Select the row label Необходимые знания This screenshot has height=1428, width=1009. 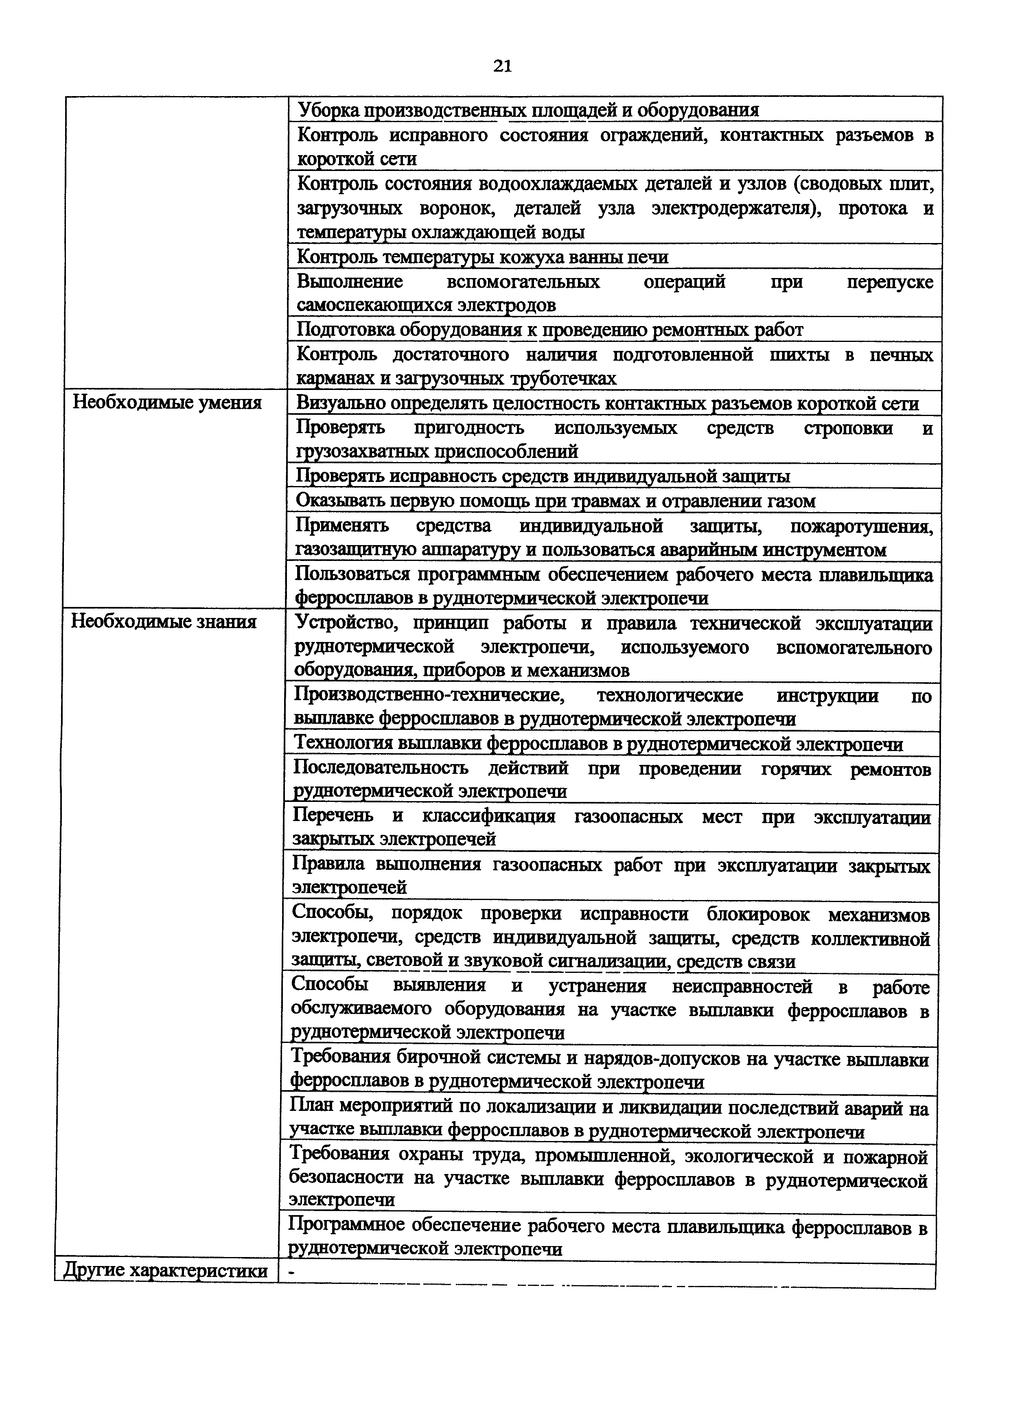pos(164,621)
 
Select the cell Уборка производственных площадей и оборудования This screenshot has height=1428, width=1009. pos(528,110)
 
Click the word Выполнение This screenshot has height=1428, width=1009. pos(349,282)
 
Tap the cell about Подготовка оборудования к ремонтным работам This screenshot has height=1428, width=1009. pos(549,330)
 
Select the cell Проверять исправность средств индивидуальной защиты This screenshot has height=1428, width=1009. pos(543,476)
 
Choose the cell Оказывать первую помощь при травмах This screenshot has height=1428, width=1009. pos(555,501)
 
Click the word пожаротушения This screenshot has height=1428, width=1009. pos(861,527)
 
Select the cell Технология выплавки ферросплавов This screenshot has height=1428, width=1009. pos(598,744)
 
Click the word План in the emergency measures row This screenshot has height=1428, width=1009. pos(309,1108)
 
